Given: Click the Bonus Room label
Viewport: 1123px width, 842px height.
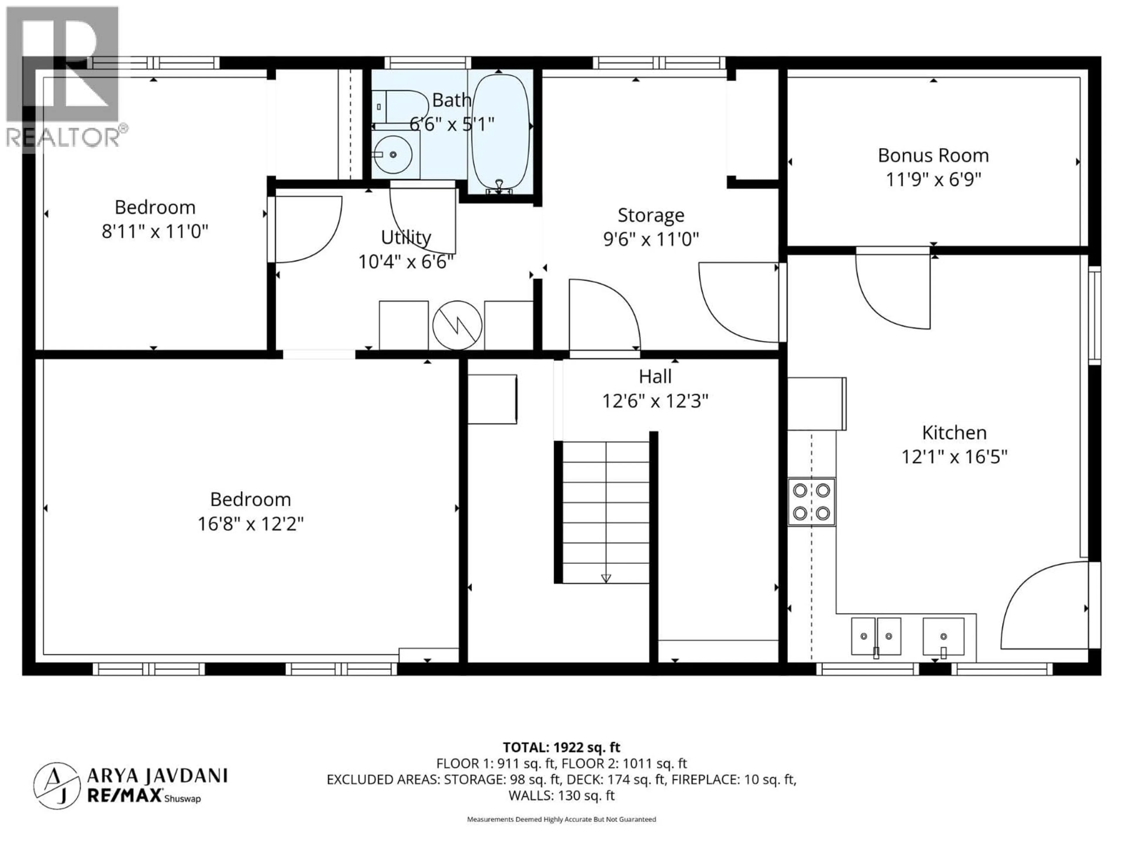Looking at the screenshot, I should click(x=933, y=155).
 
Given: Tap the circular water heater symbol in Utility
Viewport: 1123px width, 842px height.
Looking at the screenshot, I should click(x=457, y=325).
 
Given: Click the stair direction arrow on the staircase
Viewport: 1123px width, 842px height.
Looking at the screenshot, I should click(x=606, y=578).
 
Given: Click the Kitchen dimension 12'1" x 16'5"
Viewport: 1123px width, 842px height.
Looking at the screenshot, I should click(x=954, y=457).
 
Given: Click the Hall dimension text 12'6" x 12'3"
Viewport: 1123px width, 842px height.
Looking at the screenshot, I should click(x=655, y=401).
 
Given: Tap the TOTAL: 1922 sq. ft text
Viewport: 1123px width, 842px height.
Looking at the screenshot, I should click(x=561, y=747).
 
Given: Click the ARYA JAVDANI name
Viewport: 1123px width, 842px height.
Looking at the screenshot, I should click(x=157, y=776).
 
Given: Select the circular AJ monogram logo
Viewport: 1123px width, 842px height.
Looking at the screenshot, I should click(x=57, y=785).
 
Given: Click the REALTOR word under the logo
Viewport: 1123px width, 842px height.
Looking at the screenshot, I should click(x=62, y=137).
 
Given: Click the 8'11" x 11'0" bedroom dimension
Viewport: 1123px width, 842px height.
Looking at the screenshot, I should click(x=155, y=232).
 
